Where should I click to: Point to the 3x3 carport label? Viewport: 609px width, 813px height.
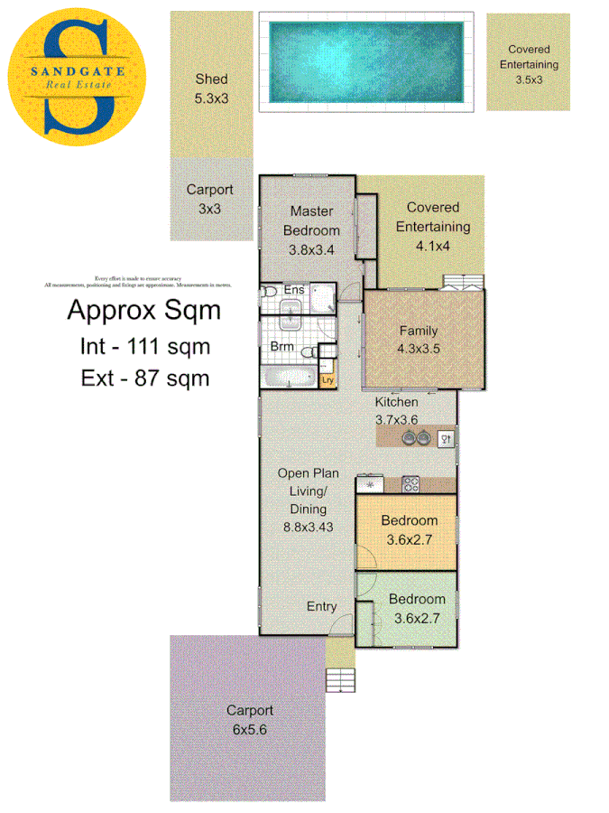(209, 199)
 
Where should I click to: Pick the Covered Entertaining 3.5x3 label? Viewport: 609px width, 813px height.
(529, 64)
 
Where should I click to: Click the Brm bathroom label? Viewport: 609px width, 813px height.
(282, 345)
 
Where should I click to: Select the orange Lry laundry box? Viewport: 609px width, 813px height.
(328, 380)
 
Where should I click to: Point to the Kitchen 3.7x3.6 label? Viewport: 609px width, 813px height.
(397, 410)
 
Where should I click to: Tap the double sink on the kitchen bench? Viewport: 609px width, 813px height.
(415, 438)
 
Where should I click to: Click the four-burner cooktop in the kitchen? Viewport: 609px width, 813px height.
(411, 483)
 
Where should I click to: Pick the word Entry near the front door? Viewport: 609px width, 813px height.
(322, 606)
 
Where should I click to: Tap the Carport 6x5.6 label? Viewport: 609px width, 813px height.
(249, 719)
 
